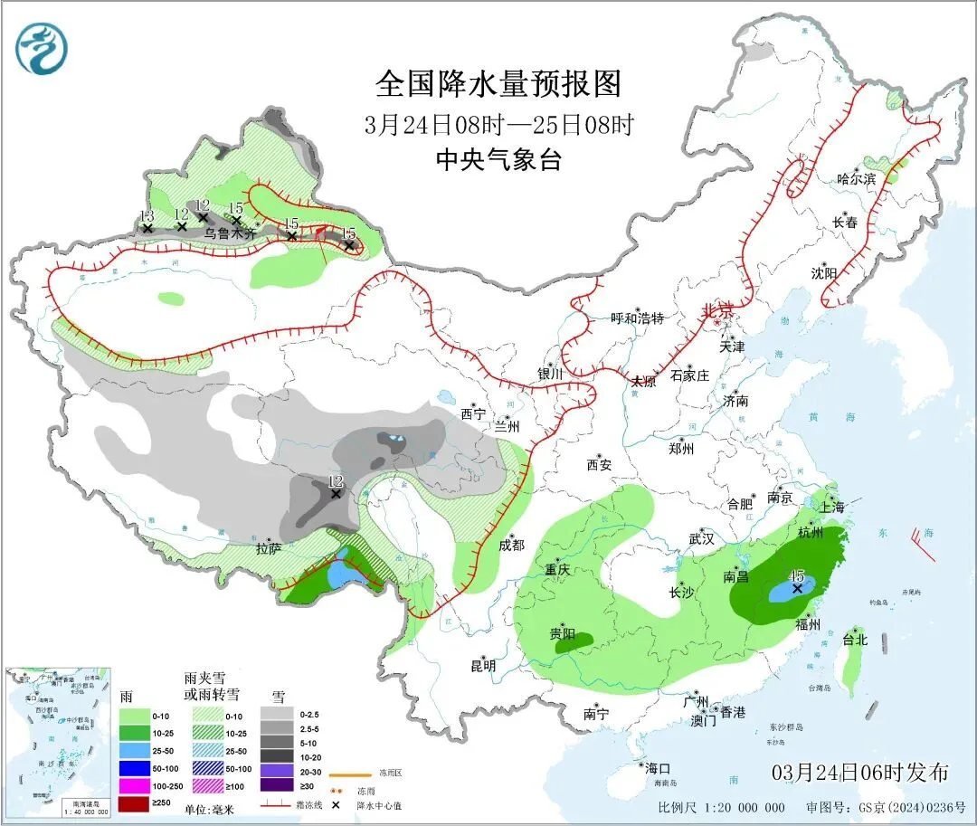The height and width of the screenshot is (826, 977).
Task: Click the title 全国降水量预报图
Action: (499, 84)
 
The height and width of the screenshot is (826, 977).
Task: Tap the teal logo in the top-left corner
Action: (42, 49)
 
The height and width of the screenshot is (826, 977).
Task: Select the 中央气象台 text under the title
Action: (499, 160)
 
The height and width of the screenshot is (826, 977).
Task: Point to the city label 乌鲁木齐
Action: (230, 233)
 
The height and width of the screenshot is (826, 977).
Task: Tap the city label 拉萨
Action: (269, 547)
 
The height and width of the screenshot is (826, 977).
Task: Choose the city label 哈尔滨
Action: (856, 179)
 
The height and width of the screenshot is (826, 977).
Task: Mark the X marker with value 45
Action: (797, 588)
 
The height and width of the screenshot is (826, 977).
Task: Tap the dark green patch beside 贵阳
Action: (576, 641)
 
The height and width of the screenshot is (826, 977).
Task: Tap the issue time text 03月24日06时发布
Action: (860, 772)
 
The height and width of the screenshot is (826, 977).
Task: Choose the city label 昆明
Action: (483, 665)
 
